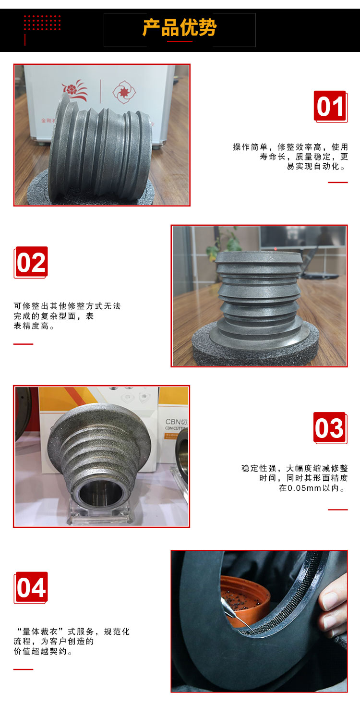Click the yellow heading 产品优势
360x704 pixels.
[x=180, y=28]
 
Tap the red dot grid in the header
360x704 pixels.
[x=42, y=23]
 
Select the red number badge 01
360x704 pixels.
[x=330, y=107]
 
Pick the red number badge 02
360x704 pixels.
[x=31, y=262]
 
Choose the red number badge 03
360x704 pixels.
[x=330, y=428]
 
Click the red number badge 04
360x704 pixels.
[x=31, y=587]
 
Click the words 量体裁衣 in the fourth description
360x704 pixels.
[x=40, y=631]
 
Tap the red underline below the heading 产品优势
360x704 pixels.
[x=180, y=41]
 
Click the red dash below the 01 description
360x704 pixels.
[x=338, y=182]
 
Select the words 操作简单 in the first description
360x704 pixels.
[x=250, y=147]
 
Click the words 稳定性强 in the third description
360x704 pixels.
[x=259, y=468]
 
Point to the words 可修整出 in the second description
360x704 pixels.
[x=31, y=306]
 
